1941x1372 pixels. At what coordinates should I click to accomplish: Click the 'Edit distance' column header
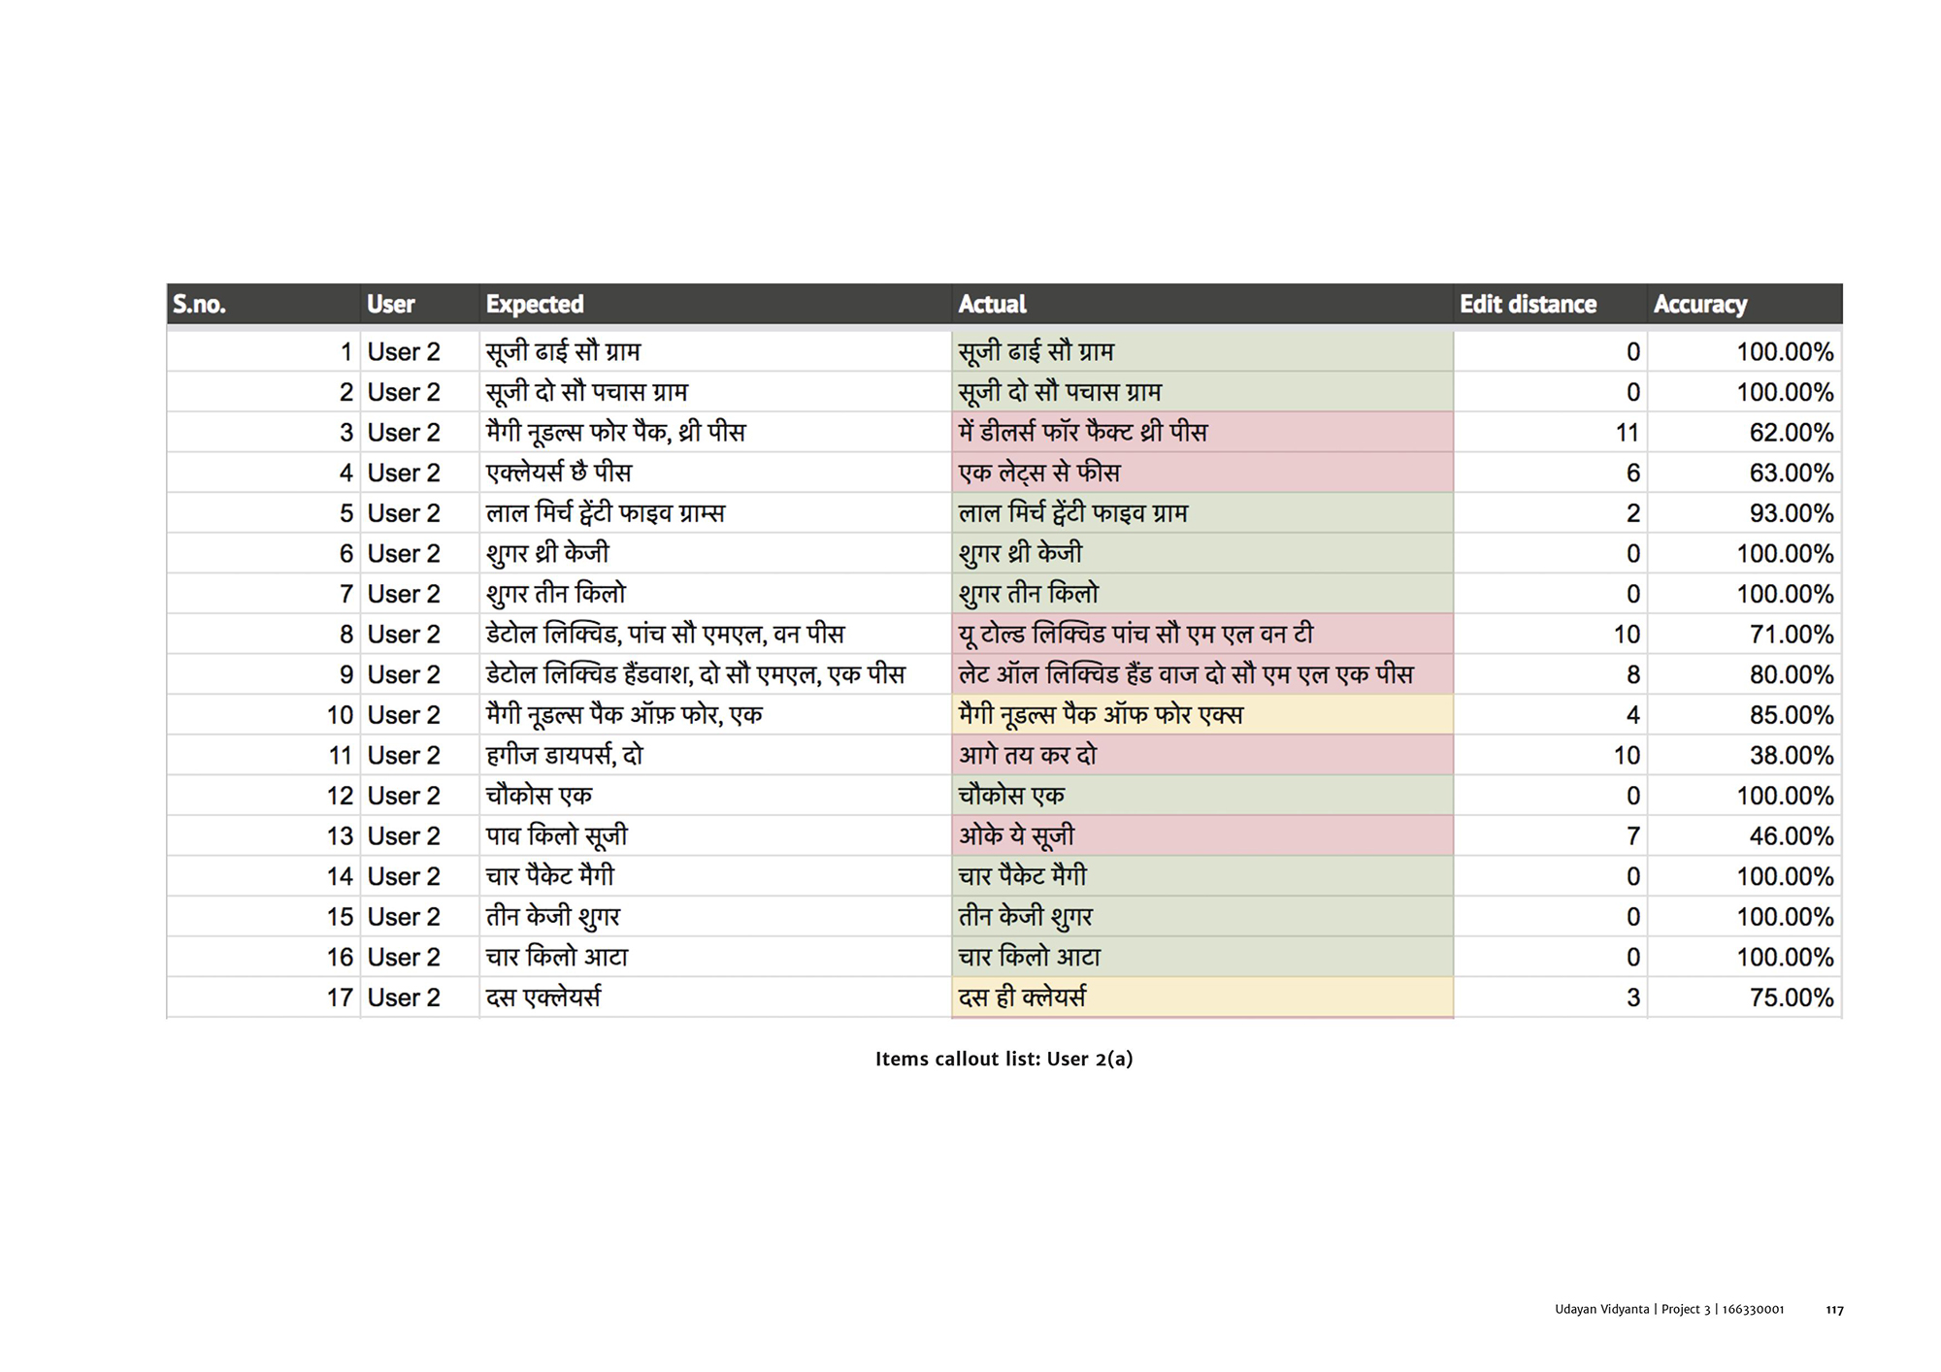1528,305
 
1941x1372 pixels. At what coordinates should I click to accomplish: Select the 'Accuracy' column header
1699,305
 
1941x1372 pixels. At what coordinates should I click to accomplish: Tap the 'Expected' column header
535,305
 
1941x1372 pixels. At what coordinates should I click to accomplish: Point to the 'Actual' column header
992,305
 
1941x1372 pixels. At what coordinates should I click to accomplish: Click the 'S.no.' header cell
199,305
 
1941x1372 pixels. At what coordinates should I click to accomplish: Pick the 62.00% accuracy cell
1791,433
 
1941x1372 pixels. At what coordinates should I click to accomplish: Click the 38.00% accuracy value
1791,756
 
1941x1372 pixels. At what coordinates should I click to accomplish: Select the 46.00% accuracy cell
1791,836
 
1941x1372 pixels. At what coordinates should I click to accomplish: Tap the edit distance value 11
1627,433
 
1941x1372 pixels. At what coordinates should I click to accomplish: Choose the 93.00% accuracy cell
1791,513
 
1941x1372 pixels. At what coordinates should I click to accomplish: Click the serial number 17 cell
339,997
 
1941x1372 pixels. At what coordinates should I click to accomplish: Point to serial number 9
345,674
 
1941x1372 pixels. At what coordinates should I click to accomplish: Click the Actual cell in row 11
1028,756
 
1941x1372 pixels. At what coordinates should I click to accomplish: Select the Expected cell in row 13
557,836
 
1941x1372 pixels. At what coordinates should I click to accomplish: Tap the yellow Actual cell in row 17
1022,997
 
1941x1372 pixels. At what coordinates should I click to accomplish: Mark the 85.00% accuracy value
1791,715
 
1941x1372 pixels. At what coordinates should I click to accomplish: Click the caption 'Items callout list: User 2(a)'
1003,1059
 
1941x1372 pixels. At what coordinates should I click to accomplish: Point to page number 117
1833,1310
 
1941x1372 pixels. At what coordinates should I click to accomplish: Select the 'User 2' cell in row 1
404,352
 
